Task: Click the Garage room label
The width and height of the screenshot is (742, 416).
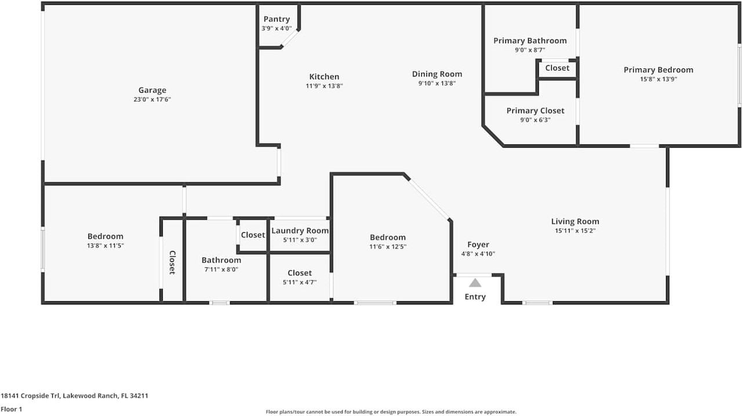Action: click(152, 90)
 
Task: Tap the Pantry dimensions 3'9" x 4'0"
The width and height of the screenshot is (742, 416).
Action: click(277, 28)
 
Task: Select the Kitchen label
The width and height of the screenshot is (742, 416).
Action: click(324, 76)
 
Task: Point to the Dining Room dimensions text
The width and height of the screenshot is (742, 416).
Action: click(437, 83)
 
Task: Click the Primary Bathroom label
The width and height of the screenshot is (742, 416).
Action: click(530, 41)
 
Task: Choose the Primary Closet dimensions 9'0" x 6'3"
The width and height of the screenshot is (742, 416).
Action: click(535, 120)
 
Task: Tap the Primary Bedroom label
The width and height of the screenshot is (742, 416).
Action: click(659, 70)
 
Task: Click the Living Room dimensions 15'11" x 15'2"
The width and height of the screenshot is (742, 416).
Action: click(576, 231)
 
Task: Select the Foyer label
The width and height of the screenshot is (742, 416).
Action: click(478, 245)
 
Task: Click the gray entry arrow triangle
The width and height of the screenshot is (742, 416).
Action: click(475, 283)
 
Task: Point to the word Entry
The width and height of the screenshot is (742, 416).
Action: click(475, 297)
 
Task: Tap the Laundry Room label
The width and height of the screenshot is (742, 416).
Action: click(300, 231)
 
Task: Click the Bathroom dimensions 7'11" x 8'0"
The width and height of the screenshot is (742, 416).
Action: click(221, 269)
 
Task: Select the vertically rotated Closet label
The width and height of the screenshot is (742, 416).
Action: click(172, 262)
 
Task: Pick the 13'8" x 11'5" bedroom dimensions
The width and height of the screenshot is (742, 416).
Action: click(106, 246)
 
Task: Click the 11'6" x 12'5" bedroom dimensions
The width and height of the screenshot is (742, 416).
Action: click(388, 247)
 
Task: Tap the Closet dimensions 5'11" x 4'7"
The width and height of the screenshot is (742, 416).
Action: click(300, 282)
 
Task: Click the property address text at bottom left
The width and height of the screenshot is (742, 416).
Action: click(74, 396)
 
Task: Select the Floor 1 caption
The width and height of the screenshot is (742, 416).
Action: click(11, 410)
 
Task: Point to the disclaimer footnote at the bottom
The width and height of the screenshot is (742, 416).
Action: click(391, 412)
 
